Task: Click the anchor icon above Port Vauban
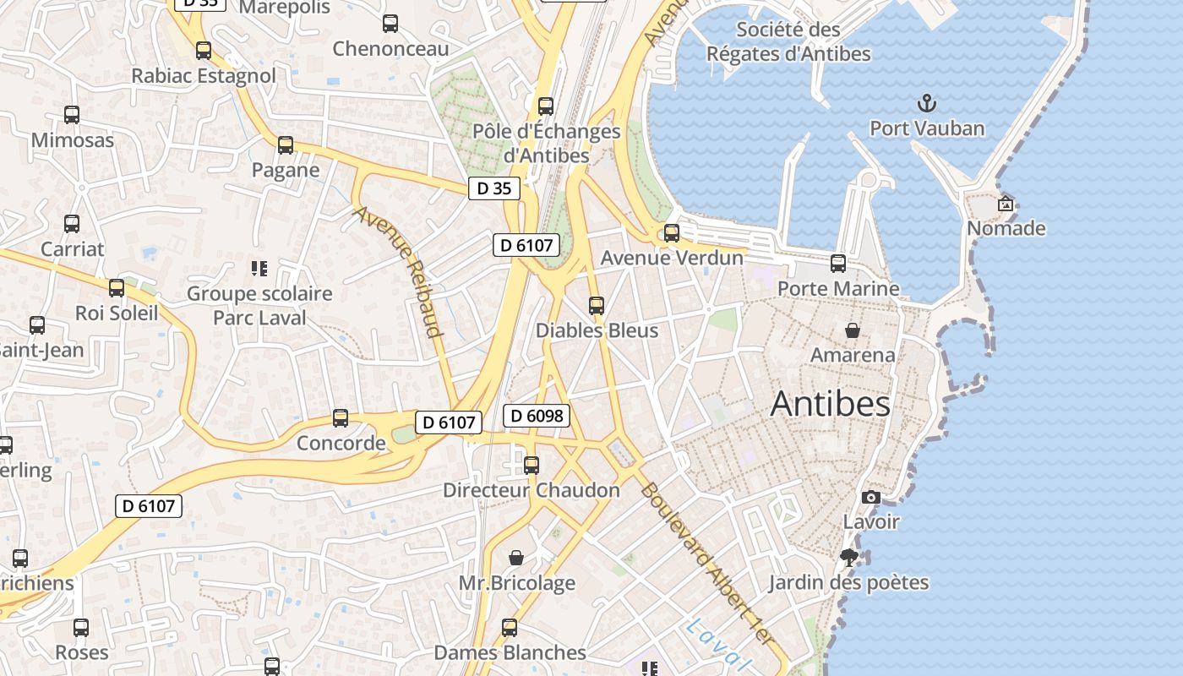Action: click(x=928, y=105)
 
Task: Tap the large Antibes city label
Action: click(x=831, y=404)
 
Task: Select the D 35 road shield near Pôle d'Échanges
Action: click(x=494, y=188)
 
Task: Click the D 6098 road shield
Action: click(x=537, y=416)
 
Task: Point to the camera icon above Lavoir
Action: click(x=871, y=498)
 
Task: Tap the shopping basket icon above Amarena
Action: click(x=853, y=330)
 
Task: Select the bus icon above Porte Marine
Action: click(x=838, y=264)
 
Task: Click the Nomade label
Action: click(x=1006, y=228)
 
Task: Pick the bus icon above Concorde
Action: click(x=341, y=418)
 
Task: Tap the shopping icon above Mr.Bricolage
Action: click(x=516, y=558)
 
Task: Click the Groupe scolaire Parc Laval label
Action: click(x=259, y=306)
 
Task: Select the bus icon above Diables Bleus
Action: click(x=597, y=306)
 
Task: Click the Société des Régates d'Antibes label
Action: click(x=788, y=41)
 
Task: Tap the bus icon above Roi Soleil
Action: click(x=117, y=288)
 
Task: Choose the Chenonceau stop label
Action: click(x=390, y=49)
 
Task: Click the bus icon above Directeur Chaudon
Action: click(x=532, y=466)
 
